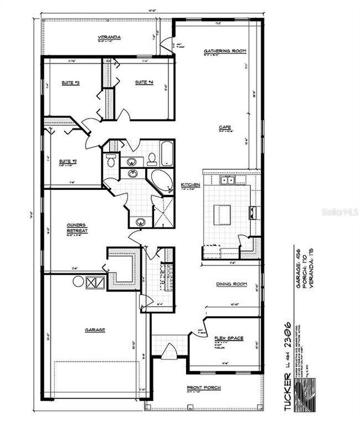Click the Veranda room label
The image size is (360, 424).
[x=110, y=37]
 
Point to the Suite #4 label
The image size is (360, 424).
[x=143, y=82]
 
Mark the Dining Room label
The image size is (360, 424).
[x=231, y=284]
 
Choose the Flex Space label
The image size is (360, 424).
[x=228, y=338]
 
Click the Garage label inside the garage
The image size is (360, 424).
[x=95, y=330]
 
